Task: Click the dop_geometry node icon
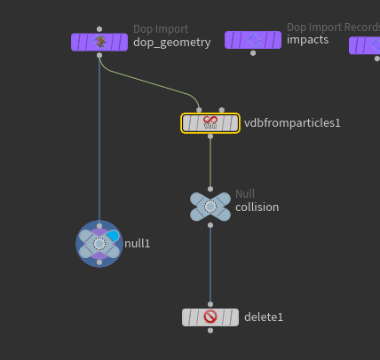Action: point(99,42)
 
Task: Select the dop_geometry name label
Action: point(172,43)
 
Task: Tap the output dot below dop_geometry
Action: point(99,55)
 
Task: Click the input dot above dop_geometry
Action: point(99,29)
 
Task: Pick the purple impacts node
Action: point(253,40)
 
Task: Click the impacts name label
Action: point(307,40)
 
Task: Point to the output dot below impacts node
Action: point(253,53)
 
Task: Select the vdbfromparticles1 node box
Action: point(210,123)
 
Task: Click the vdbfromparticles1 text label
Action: point(292,123)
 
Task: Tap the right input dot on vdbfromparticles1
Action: point(222,110)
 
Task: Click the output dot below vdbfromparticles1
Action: point(210,137)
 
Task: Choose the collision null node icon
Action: point(210,207)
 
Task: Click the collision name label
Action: point(257,207)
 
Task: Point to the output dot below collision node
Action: point(210,225)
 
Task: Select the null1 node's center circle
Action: point(99,244)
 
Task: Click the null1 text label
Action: point(138,244)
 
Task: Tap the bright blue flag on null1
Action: point(113,236)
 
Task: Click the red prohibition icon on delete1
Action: point(210,317)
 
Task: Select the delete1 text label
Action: point(264,317)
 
